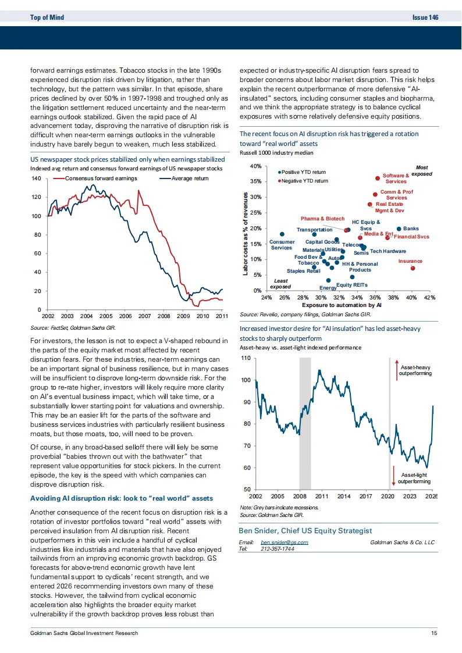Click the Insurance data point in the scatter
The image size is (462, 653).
[x=413, y=268]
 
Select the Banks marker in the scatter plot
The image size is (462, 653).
[x=399, y=229]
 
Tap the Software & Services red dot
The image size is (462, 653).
[x=377, y=178]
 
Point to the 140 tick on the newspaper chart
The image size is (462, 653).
[x=35, y=179]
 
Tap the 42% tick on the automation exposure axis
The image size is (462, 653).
[x=429, y=297]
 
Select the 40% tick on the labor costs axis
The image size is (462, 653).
[x=255, y=166]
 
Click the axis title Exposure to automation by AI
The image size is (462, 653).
[x=342, y=305]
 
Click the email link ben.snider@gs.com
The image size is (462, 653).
[x=285, y=542]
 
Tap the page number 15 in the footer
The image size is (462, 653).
[x=434, y=633]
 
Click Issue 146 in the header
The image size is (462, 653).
[x=425, y=17]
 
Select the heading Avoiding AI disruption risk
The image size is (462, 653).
[x=122, y=498]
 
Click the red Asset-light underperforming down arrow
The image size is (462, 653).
[x=394, y=475]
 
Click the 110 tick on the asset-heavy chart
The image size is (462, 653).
[x=244, y=359]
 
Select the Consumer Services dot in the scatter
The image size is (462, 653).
[x=282, y=234]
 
